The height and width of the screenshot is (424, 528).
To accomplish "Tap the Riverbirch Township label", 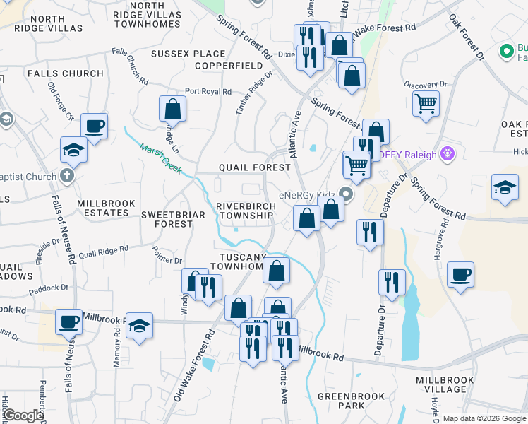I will [245, 210].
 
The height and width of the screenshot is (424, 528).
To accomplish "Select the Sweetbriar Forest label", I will [167, 219].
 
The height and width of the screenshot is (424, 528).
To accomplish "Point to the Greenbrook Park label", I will [341, 401].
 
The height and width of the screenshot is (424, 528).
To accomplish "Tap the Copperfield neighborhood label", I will [209, 65].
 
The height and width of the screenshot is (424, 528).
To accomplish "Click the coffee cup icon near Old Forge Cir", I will [94, 126].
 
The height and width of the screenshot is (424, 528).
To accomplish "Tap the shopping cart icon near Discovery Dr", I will [426, 103].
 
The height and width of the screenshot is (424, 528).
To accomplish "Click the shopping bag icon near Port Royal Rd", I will [172, 109].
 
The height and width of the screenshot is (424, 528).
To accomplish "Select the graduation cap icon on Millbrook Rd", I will [140, 326].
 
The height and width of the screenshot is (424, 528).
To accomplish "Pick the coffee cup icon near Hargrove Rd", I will [460, 274].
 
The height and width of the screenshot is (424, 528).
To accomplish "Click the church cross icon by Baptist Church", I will [67, 175].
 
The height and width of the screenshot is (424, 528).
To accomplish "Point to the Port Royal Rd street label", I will [208, 92].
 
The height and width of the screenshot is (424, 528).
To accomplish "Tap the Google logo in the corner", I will [23, 416].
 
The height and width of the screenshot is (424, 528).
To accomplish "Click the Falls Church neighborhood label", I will [65, 73].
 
